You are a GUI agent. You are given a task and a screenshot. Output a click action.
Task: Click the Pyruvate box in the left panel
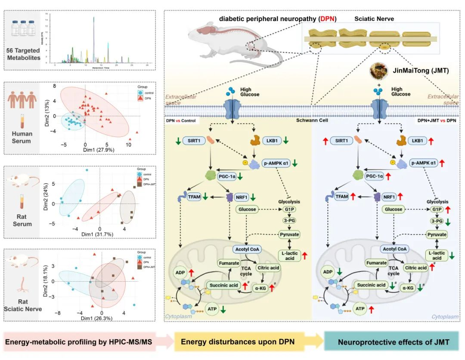coord(289,234)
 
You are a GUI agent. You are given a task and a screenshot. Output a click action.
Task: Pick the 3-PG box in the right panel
coord(437,221)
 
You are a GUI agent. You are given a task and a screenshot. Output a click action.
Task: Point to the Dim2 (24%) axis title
coord(46,194)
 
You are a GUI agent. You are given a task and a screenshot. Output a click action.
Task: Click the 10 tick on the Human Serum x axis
coord(128,145)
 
